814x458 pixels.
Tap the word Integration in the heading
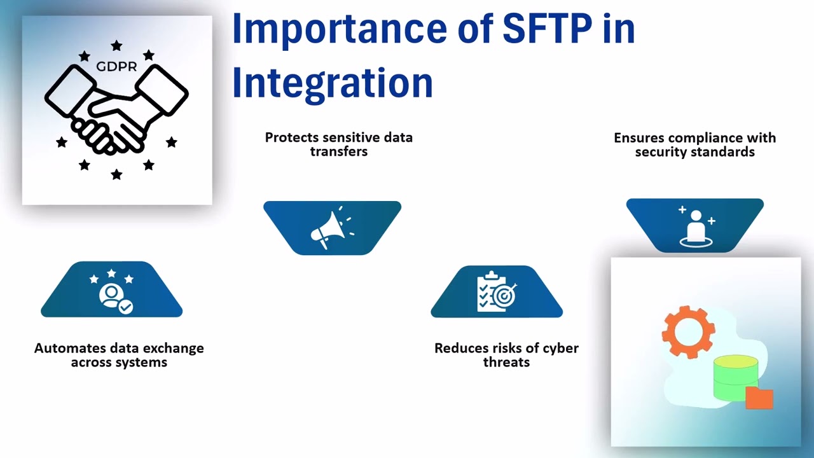tap(332, 83)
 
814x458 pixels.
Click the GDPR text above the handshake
tap(116, 66)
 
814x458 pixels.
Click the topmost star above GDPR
tap(116, 46)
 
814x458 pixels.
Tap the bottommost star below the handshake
tap(116, 174)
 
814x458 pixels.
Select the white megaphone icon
tap(330, 229)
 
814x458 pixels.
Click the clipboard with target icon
tap(496, 292)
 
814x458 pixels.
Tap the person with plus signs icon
tap(696, 226)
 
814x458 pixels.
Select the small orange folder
tap(759, 398)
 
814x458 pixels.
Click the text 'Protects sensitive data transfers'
tap(338, 144)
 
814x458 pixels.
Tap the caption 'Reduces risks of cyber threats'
tap(506, 355)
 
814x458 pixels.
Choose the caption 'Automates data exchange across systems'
tap(119, 355)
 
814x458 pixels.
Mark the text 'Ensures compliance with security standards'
tap(694, 144)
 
